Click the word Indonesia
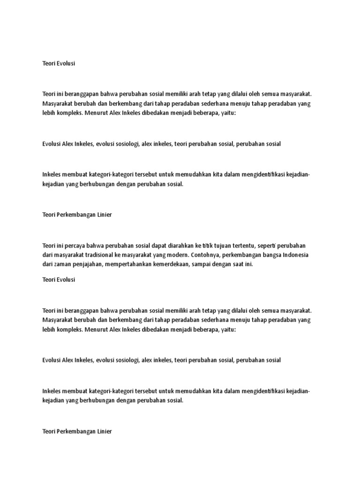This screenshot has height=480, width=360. [x=295, y=255]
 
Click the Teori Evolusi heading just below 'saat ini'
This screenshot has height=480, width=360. [x=58, y=279]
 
